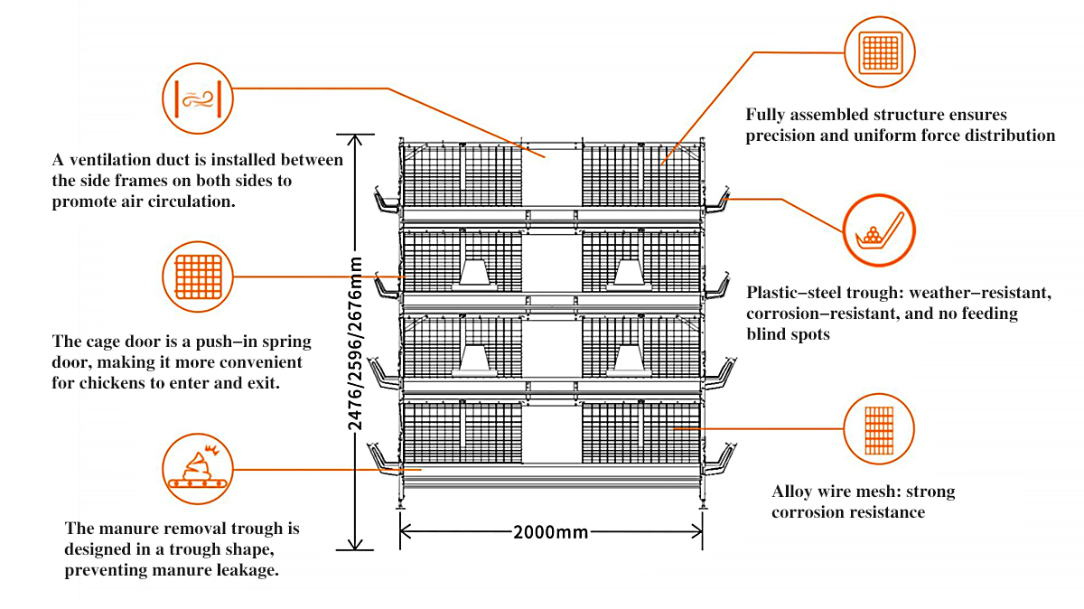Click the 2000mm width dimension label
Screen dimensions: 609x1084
(x=550, y=532)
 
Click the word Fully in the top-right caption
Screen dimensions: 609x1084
(x=766, y=116)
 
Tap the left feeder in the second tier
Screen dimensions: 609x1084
(x=478, y=273)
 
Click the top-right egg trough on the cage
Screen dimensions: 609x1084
(x=718, y=202)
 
